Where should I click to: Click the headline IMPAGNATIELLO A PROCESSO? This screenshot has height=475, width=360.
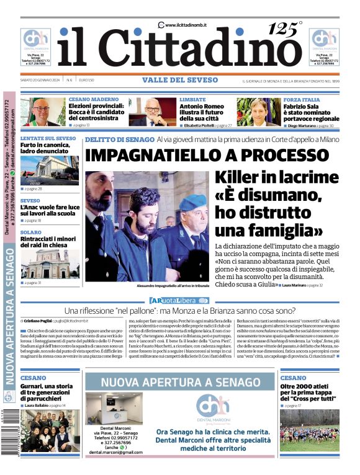point(204,155)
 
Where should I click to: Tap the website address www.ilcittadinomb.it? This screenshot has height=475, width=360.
point(186,25)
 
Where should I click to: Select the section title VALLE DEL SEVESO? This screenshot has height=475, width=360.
point(180,80)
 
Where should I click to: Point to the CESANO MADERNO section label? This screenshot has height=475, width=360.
point(93,99)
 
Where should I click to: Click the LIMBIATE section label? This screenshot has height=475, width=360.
point(192,99)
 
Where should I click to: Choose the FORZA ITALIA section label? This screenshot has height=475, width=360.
point(302,99)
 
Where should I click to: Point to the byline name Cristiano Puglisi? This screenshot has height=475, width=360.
point(43,321)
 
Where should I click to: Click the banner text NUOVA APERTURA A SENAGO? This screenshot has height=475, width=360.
point(180,383)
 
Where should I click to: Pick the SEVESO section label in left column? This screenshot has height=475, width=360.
point(30,201)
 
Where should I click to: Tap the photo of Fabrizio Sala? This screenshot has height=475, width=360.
point(250,112)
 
